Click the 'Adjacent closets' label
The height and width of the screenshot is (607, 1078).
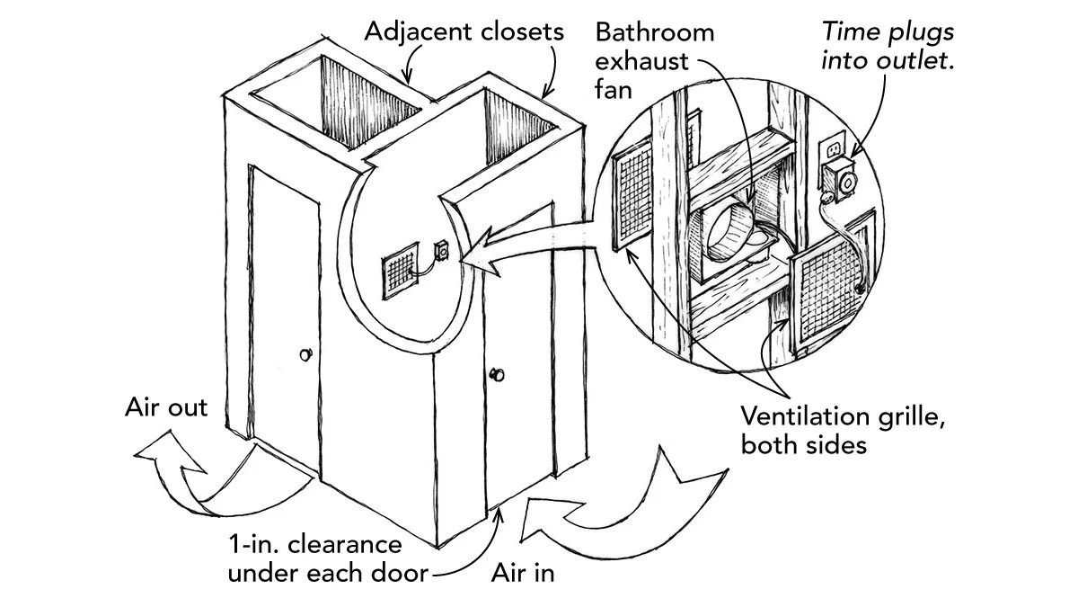[x=464, y=32]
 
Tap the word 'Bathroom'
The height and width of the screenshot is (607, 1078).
[x=655, y=32]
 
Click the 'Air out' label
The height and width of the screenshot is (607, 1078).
[x=166, y=407]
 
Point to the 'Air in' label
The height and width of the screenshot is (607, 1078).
[x=522, y=572]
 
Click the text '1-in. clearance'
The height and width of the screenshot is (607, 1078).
[x=314, y=546]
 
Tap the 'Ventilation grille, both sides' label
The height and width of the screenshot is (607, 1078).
[x=844, y=430]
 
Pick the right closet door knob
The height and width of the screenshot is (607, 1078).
[x=495, y=373]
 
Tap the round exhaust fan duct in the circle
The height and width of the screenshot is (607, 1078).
[x=729, y=232]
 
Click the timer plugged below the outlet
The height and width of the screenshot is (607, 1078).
[x=844, y=182]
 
